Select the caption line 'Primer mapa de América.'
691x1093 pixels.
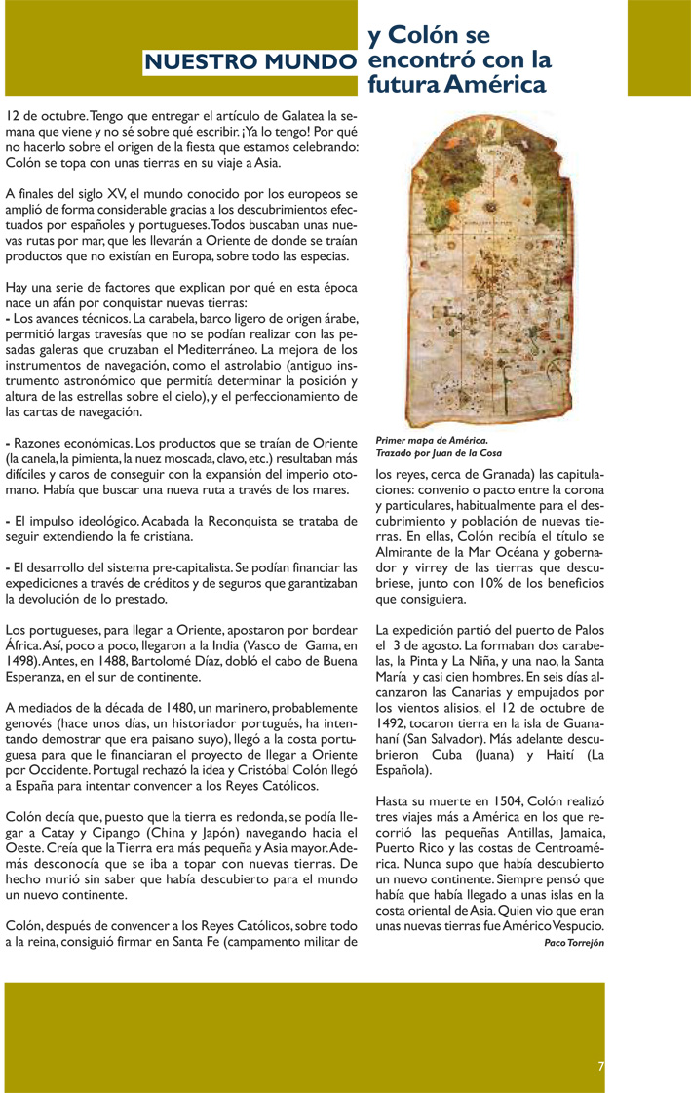coord(431,441)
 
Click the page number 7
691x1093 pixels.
coord(601,1066)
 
